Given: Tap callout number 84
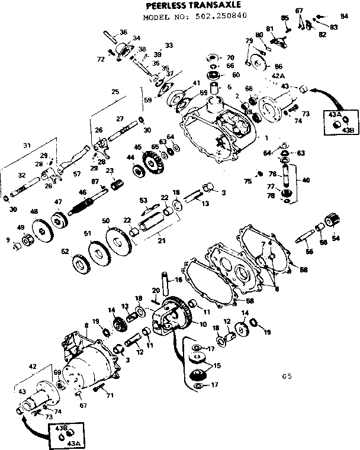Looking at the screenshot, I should pyautogui.click(x=344, y=16).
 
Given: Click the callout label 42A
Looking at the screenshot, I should pyautogui.click(x=262, y=76).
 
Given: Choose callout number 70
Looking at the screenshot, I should pyautogui.click(x=231, y=57).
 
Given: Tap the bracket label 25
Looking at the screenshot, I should pyautogui.click(x=115, y=92).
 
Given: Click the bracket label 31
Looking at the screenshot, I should pyautogui.click(x=26, y=146).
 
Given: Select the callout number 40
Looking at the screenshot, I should pyautogui.click(x=306, y=180).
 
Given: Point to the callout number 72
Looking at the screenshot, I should pyautogui.click(x=100, y=58).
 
